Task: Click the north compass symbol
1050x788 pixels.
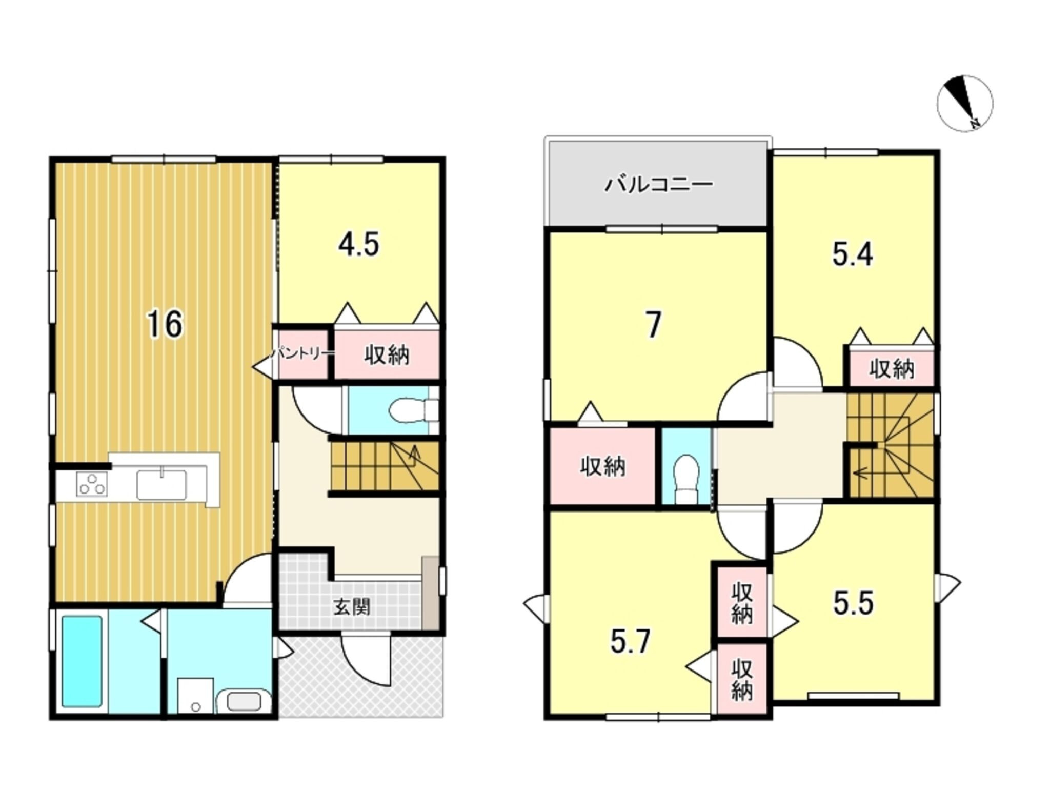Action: coord(965,103)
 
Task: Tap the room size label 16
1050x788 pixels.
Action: coord(165,324)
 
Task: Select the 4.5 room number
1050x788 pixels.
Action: coord(358,244)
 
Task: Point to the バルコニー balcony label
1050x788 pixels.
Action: coord(659,184)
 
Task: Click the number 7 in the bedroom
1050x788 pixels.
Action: coord(653,325)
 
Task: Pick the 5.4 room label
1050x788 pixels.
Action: coord(852,255)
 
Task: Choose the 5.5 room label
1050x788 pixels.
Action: coord(853,603)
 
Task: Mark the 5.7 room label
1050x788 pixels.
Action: coord(631,642)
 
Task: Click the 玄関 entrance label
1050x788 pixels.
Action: coord(352,607)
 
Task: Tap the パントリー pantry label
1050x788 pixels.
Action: coord(302,353)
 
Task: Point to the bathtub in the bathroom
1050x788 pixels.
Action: coord(82,661)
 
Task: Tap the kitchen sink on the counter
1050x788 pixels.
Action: coord(161,484)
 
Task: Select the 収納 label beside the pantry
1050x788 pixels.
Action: coord(387,355)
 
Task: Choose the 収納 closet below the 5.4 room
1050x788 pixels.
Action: coord(892,368)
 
